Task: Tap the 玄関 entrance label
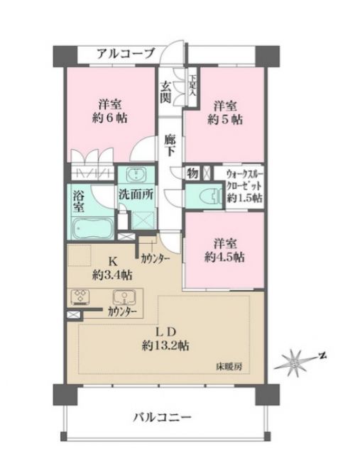165,92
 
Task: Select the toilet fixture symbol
210,194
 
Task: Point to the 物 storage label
192,172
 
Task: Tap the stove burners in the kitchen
80,297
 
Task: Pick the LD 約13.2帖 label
163,339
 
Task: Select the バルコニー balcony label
161,418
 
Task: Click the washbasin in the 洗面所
131,175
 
